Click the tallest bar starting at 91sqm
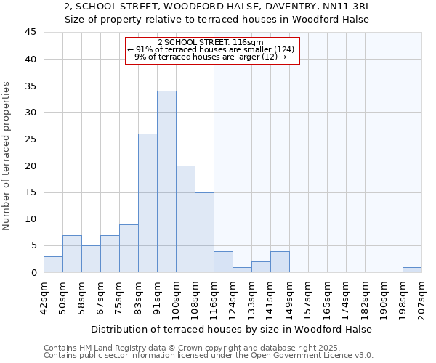[166, 181]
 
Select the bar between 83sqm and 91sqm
[148, 203]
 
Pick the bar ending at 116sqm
[204, 232]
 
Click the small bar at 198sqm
[412, 269]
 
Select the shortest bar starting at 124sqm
[242, 269]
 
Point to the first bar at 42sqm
[53, 264]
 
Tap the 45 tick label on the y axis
[30, 33]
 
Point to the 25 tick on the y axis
[30, 139]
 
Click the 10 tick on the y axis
[30, 219]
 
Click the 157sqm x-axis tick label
[308, 298]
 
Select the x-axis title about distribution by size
[232, 329]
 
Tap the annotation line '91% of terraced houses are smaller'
[212, 49]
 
